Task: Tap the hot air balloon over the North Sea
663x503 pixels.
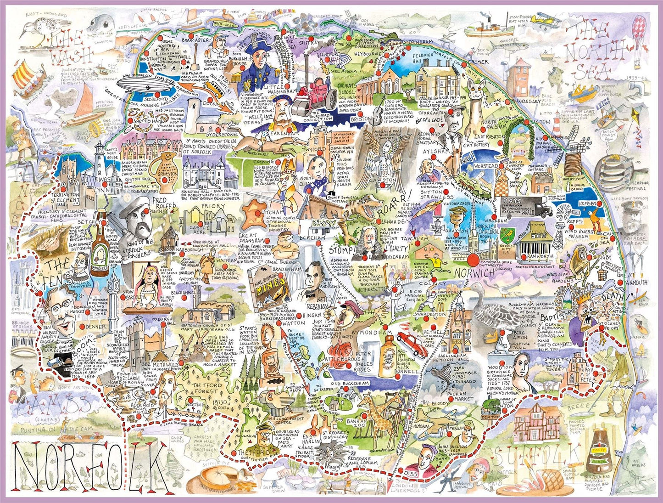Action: pos(640,30)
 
